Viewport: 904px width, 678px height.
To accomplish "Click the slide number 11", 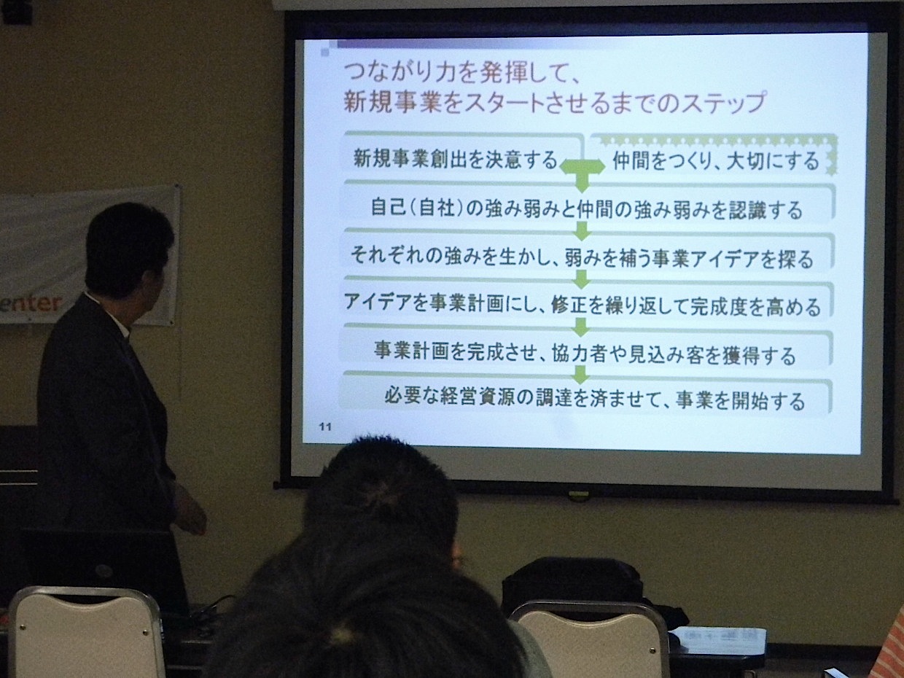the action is click(x=325, y=427).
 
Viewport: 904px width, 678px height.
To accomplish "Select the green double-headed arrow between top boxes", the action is click(x=582, y=167).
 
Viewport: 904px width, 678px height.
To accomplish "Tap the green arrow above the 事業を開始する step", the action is click(x=581, y=374).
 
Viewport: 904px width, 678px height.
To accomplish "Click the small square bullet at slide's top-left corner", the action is click(x=325, y=52).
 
